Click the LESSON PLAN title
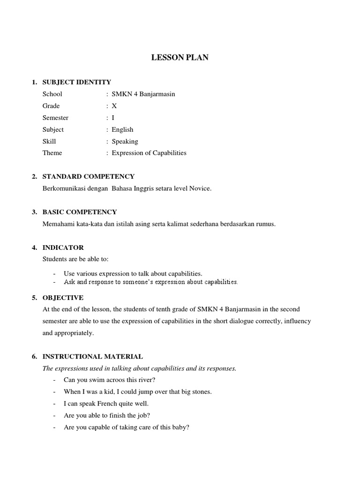(180, 58)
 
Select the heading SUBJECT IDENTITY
(76, 82)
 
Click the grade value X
(114, 106)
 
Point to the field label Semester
(55, 118)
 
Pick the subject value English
(122, 129)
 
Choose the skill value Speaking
(125, 141)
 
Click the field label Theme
(52, 153)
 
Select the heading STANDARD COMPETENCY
(88, 177)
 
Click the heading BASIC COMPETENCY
(80, 212)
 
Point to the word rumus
(266, 224)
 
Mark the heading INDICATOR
(63, 247)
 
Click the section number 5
(34, 298)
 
